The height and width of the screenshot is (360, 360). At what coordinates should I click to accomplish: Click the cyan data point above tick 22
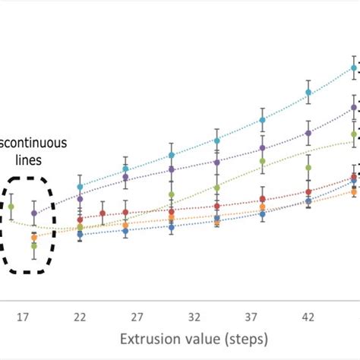point(80,186)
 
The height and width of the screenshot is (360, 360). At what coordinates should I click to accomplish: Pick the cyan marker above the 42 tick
point(308,93)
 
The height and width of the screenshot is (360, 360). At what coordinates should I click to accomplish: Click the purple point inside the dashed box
point(34,213)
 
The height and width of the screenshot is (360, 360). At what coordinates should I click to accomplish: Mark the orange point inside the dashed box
point(34,238)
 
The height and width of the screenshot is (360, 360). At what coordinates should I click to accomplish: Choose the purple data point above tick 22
point(80,199)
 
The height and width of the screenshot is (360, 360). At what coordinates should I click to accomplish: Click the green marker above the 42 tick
point(308,167)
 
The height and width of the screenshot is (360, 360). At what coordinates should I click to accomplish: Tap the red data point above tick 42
point(308,192)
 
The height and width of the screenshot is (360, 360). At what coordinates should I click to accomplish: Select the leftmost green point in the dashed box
point(11,206)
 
